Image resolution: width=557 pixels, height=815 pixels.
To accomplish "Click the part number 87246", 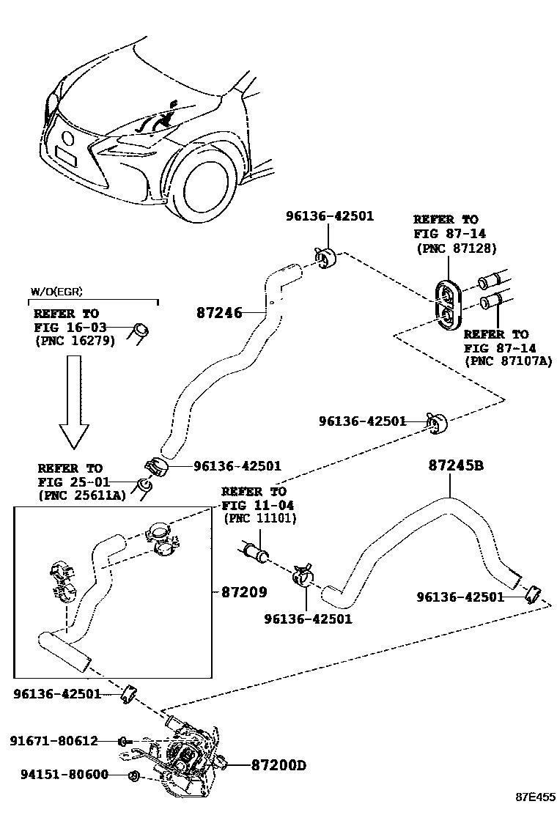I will (219, 312).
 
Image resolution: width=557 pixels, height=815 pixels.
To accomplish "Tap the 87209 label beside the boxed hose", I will (244, 591).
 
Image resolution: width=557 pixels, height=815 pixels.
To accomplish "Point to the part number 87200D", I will (278, 765).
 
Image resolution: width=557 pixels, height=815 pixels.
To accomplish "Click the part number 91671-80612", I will (54, 741).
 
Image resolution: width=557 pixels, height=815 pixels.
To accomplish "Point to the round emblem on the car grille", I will (67, 137).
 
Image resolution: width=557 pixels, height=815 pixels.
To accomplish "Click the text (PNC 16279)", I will (75, 341).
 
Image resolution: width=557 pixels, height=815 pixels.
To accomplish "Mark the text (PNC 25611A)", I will (81, 496).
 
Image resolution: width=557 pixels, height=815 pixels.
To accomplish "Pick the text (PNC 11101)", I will (259, 518).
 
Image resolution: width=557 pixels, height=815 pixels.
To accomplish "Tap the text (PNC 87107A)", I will (507, 361).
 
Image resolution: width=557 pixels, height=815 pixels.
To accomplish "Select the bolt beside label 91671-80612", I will (125, 741).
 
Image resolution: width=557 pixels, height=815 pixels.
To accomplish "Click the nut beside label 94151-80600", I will (133, 775).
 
